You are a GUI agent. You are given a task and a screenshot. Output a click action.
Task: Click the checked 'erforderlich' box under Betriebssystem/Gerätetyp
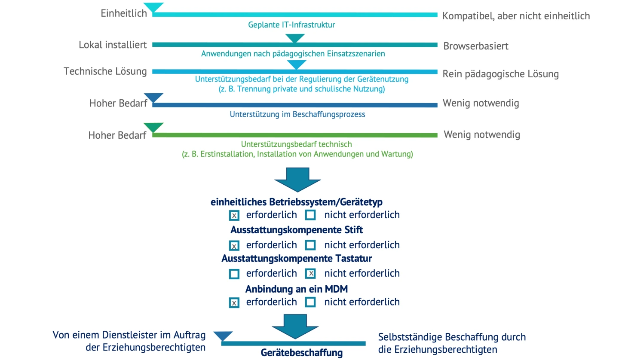234,215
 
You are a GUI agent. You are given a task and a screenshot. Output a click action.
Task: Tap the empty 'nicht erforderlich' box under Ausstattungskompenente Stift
310,245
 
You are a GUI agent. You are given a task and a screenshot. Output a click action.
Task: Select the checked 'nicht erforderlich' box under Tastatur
310,273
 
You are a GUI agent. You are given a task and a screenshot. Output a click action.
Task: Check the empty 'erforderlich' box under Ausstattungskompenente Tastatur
234,274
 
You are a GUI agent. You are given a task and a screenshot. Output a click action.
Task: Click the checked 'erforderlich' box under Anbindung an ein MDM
234,302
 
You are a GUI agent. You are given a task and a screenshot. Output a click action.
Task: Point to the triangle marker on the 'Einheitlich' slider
153,7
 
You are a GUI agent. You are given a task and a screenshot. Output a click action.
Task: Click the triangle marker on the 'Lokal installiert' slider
295,38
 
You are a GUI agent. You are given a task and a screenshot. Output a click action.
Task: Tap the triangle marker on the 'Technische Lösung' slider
296,64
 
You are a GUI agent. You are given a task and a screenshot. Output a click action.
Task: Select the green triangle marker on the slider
153,128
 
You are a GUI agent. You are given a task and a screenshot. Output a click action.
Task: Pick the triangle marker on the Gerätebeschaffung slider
223,336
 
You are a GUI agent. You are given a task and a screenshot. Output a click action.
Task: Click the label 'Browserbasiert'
476,46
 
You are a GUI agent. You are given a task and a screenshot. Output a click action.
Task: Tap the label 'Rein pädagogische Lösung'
500,74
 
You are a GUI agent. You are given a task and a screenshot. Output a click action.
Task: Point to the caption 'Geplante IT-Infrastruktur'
291,25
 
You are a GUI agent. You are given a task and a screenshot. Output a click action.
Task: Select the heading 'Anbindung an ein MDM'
296,289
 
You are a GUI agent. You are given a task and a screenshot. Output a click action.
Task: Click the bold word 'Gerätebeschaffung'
301,353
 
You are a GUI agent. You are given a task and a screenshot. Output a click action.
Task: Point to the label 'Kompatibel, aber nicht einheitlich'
516,16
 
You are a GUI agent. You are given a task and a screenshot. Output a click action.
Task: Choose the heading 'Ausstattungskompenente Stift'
296,230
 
